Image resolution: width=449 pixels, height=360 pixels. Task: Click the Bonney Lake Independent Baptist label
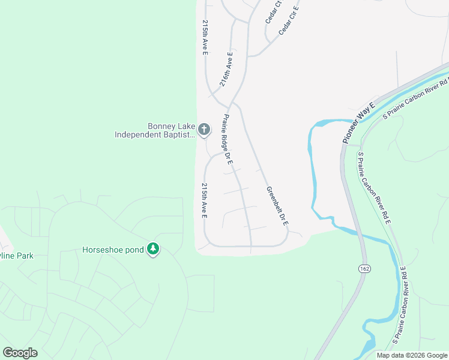(x=156, y=130)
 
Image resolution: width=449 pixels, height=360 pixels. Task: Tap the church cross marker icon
(x=204, y=129)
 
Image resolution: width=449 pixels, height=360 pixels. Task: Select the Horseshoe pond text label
(x=113, y=249)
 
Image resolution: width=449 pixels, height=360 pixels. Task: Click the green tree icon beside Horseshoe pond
(x=153, y=249)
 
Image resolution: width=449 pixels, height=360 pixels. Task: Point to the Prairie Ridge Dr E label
(x=228, y=140)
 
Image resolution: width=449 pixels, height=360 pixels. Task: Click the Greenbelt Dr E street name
(x=278, y=206)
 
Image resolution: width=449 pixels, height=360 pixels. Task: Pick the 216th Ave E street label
(x=226, y=70)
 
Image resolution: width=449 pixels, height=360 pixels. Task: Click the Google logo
(x=20, y=353)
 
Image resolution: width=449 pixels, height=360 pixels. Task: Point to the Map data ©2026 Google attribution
(x=411, y=355)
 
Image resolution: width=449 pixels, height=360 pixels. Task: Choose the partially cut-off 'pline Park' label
(x=17, y=256)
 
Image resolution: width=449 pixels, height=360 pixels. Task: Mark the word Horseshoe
(x=103, y=249)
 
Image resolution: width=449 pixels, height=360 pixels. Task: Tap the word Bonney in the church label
(x=160, y=126)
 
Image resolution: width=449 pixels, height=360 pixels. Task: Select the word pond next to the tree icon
(x=134, y=249)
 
